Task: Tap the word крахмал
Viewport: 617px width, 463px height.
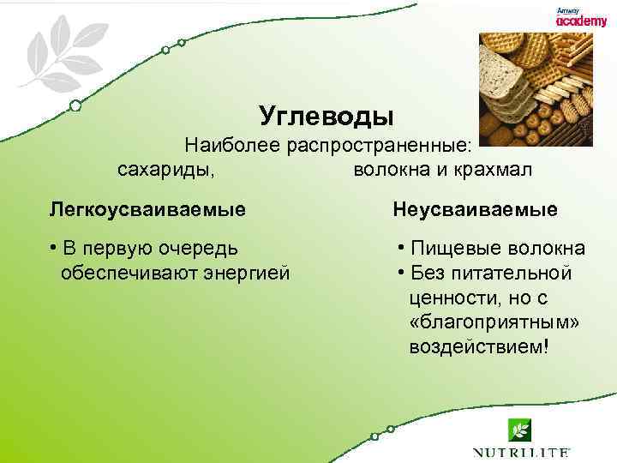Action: pos(493,170)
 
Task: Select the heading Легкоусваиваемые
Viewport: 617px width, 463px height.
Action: pos(147,209)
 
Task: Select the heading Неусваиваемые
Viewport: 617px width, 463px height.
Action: pos(475,209)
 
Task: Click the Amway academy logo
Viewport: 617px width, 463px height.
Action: pos(581,17)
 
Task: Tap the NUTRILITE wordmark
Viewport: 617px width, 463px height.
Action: pos(521,451)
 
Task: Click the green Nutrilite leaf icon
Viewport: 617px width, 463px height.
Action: pos(520,429)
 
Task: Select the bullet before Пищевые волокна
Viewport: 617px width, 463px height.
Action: pos(401,249)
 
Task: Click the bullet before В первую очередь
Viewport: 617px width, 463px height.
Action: pos(53,249)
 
